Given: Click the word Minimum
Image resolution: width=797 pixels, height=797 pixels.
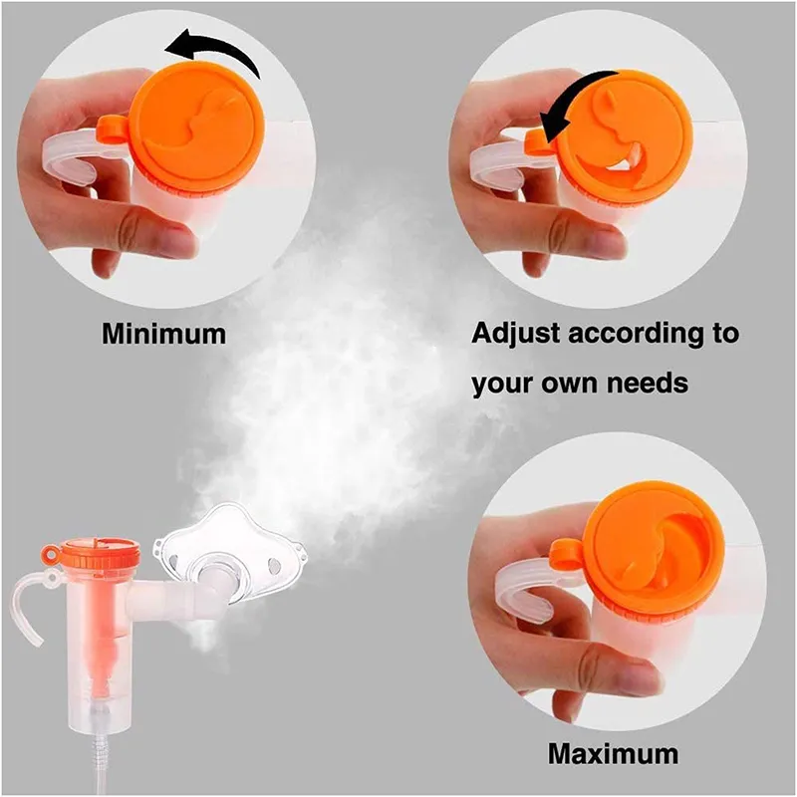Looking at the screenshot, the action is pyautogui.click(x=163, y=334).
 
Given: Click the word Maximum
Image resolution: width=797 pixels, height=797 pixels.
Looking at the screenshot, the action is pyautogui.click(x=613, y=753).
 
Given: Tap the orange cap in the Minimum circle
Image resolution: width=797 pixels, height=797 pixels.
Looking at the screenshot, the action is pyautogui.click(x=196, y=129).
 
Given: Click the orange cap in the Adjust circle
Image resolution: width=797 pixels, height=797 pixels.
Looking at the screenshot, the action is pyautogui.click(x=627, y=136).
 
